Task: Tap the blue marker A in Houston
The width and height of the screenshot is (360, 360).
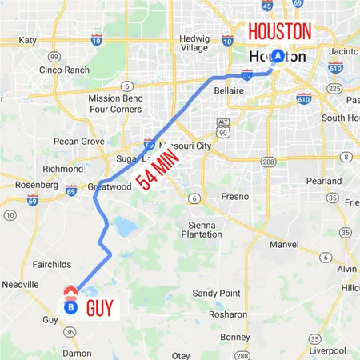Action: (278, 56)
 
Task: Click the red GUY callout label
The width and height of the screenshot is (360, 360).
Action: (102, 307)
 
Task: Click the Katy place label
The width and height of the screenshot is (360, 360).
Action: (28, 40)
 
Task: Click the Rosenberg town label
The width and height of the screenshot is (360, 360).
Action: (34, 186)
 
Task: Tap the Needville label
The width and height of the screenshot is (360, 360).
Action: (20, 284)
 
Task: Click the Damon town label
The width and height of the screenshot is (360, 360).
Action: (78, 352)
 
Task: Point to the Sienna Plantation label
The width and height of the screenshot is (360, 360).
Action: (202, 230)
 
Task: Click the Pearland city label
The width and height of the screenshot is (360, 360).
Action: (323, 182)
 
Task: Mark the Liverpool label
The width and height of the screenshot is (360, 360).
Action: (329, 350)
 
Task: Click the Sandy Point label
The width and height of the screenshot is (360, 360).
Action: (217, 294)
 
